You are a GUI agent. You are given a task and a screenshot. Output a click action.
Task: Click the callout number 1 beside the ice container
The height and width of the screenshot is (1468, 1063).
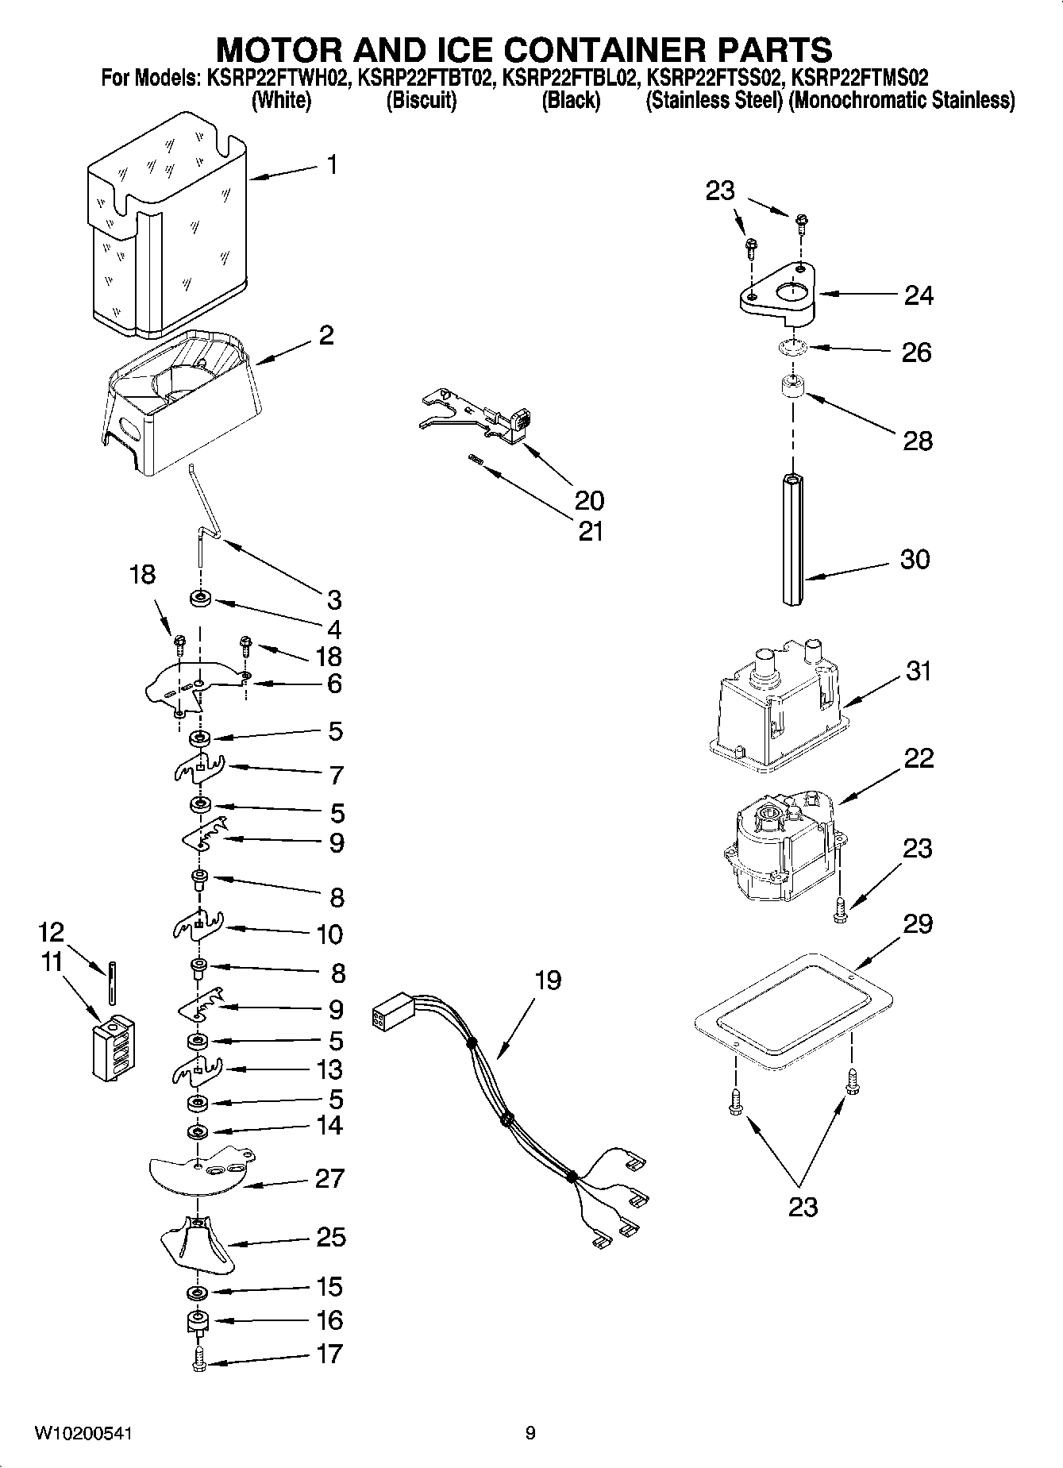coord(332,165)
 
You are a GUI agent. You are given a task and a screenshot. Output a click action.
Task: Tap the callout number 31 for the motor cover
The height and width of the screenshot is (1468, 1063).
coord(919,671)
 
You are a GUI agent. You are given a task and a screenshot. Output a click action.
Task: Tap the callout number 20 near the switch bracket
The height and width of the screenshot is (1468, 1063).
coord(589,500)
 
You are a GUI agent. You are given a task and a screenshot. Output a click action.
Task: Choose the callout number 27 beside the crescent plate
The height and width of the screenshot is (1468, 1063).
coord(329,1178)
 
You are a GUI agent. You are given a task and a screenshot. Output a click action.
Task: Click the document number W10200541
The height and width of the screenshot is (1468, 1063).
coord(83,1433)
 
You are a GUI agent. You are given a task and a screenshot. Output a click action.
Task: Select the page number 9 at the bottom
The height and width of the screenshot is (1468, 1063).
coord(530,1433)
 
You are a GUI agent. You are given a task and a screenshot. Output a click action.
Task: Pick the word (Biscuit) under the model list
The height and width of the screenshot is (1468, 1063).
coord(421,101)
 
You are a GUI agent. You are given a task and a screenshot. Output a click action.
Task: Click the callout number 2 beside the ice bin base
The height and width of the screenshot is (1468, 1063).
coord(325,335)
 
